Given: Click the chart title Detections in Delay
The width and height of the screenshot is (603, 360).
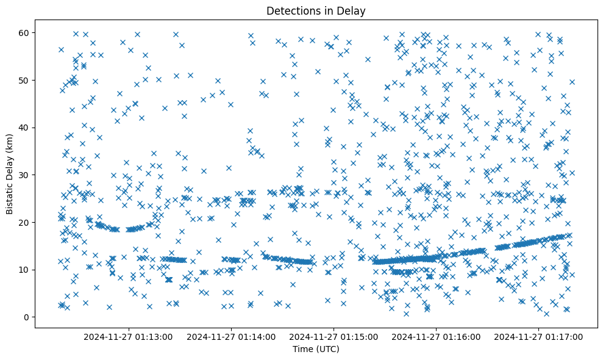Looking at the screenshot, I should click(x=316, y=10).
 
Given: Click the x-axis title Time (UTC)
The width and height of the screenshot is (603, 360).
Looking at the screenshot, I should click(x=316, y=349).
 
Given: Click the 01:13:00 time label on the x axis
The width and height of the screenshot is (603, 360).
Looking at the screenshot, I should click(x=128, y=336).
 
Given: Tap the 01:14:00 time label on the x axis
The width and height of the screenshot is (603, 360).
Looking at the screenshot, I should click(x=230, y=336).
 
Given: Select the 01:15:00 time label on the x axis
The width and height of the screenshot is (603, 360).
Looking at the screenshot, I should click(x=334, y=336).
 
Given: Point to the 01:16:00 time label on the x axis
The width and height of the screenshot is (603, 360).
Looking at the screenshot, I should click(x=436, y=336).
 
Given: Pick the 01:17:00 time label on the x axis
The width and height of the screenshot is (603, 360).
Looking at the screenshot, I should click(x=539, y=336).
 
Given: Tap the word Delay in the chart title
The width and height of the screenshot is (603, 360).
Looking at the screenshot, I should click(x=353, y=10).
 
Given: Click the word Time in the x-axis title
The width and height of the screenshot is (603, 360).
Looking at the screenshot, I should click(x=302, y=349).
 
